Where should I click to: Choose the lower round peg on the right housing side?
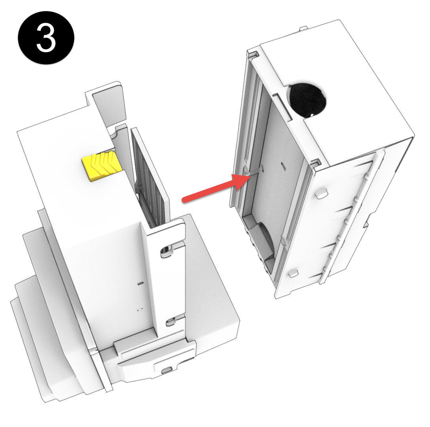[x=293, y=272]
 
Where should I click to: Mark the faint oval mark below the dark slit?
[x=139, y=310]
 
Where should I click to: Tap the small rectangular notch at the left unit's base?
[x=167, y=369]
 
